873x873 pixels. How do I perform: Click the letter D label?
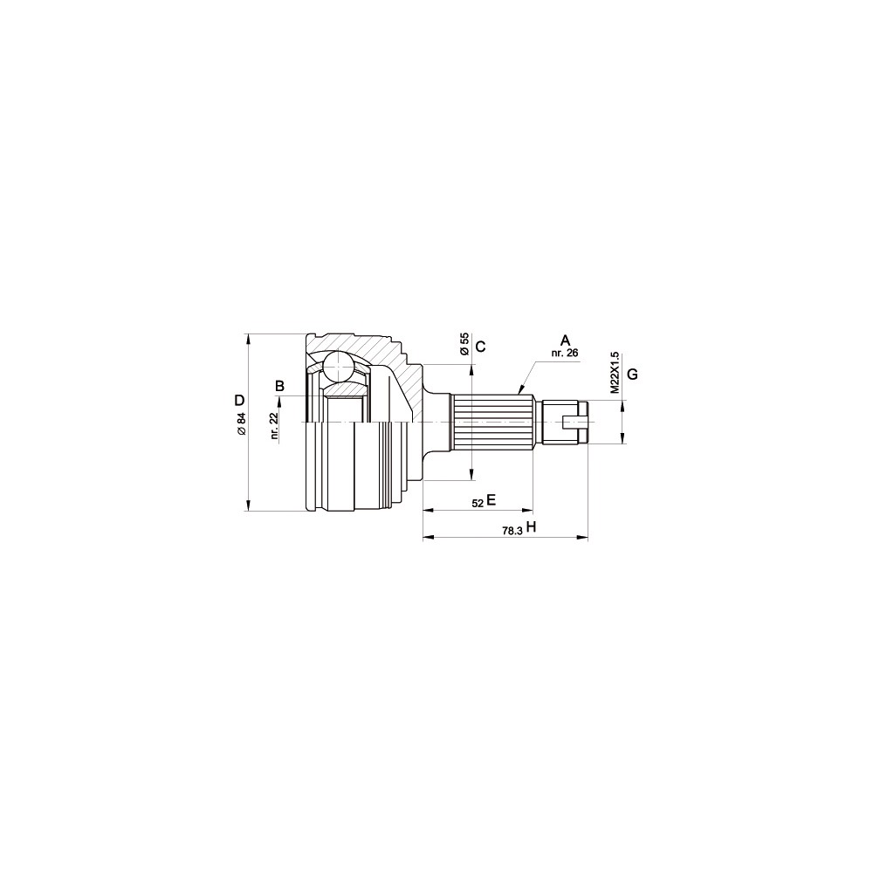tap(239, 400)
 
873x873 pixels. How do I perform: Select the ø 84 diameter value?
tap(242, 424)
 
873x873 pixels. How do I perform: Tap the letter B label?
tap(280, 385)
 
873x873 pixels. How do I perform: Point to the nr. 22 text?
tap(275, 427)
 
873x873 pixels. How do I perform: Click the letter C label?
tap(481, 347)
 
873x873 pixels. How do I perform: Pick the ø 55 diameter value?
tap(464, 343)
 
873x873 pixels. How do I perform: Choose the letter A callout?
tap(566, 340)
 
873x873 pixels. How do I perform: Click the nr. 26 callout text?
tap(565, 353)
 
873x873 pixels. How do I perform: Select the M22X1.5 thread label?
tap(615, 373)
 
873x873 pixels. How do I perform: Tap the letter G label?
tap(632, 375)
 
